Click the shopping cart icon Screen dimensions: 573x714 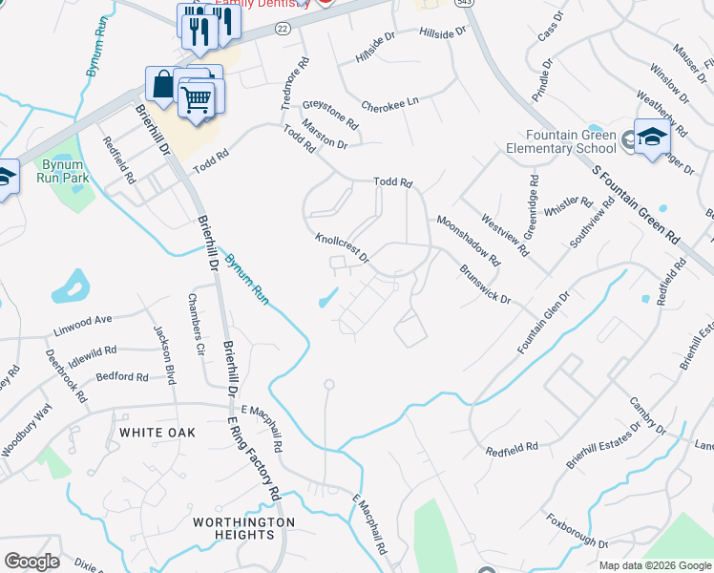[x=197, y=97]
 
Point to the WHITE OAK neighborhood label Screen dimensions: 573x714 [x=157, y=433]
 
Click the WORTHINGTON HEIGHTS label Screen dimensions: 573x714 [x=243, y=528]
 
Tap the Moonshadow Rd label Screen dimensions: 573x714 [x=469, y=240]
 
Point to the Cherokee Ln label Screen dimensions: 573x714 [x=389, y=104]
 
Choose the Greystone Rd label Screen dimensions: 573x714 [x=330, y=115]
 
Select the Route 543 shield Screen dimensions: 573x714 [x=465, y=4]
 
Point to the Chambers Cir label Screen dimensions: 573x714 [x=197, y=325]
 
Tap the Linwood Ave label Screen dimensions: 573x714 [x=83, y=320]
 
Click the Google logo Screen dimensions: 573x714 [x=31, y=562]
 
